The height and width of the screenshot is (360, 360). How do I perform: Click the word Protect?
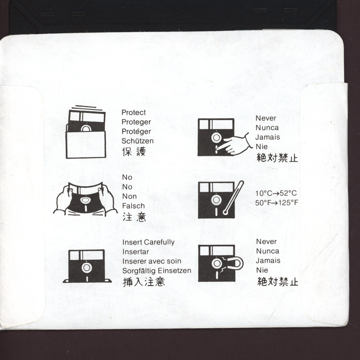tap(134, 112)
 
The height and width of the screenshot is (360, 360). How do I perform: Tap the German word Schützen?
tap(138, 141)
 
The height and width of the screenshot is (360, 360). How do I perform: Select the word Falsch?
tap(134, 206)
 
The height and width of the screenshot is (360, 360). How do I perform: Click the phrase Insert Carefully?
tap(148, 242)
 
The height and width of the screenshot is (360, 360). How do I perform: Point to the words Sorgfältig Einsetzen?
tap(157, 271)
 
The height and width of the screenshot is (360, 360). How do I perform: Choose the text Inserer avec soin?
tap(152, 261)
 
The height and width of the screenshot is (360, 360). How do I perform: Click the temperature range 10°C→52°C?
tap(276, 193)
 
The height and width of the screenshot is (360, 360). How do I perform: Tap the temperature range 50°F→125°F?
tap(276, 203)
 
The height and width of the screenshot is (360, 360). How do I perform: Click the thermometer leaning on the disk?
tap(233, 198)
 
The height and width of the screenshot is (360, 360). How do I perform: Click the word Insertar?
tap(135, 252)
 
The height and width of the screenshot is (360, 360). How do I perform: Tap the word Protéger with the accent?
tap(136, 131)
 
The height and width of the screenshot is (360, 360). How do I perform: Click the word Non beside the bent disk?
tap(130, 196)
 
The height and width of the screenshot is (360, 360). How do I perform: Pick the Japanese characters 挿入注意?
tap(144, 282)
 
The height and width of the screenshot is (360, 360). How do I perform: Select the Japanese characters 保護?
tap(134, 152)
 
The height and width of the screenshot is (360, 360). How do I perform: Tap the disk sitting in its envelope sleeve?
tap(86, 133)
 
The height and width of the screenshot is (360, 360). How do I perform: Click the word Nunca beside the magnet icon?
tap(268, 251)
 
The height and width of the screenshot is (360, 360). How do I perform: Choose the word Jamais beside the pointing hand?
tap(268, 137)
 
